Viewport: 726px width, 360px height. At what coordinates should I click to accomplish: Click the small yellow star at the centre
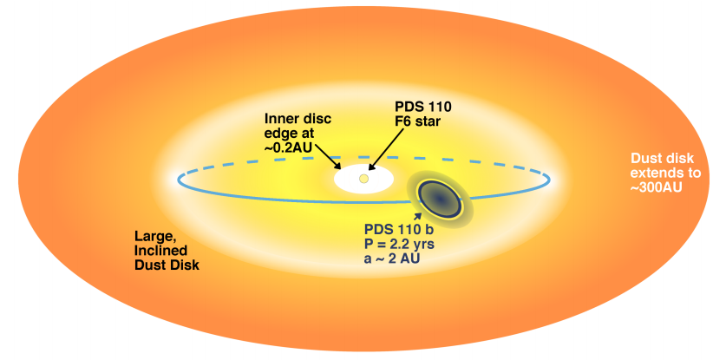(x=364, y=179)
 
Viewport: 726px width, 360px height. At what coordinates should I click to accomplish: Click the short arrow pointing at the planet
(x=420, y=214)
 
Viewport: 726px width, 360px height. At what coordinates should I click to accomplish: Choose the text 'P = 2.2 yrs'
(x=401, y=244)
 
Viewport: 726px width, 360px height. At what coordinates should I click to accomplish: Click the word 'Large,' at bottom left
(x=156, y=235)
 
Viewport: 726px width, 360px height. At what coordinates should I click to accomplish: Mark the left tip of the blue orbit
(x=178, y=180)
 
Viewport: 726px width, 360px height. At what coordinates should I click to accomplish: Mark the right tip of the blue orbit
(x=550, y=180)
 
